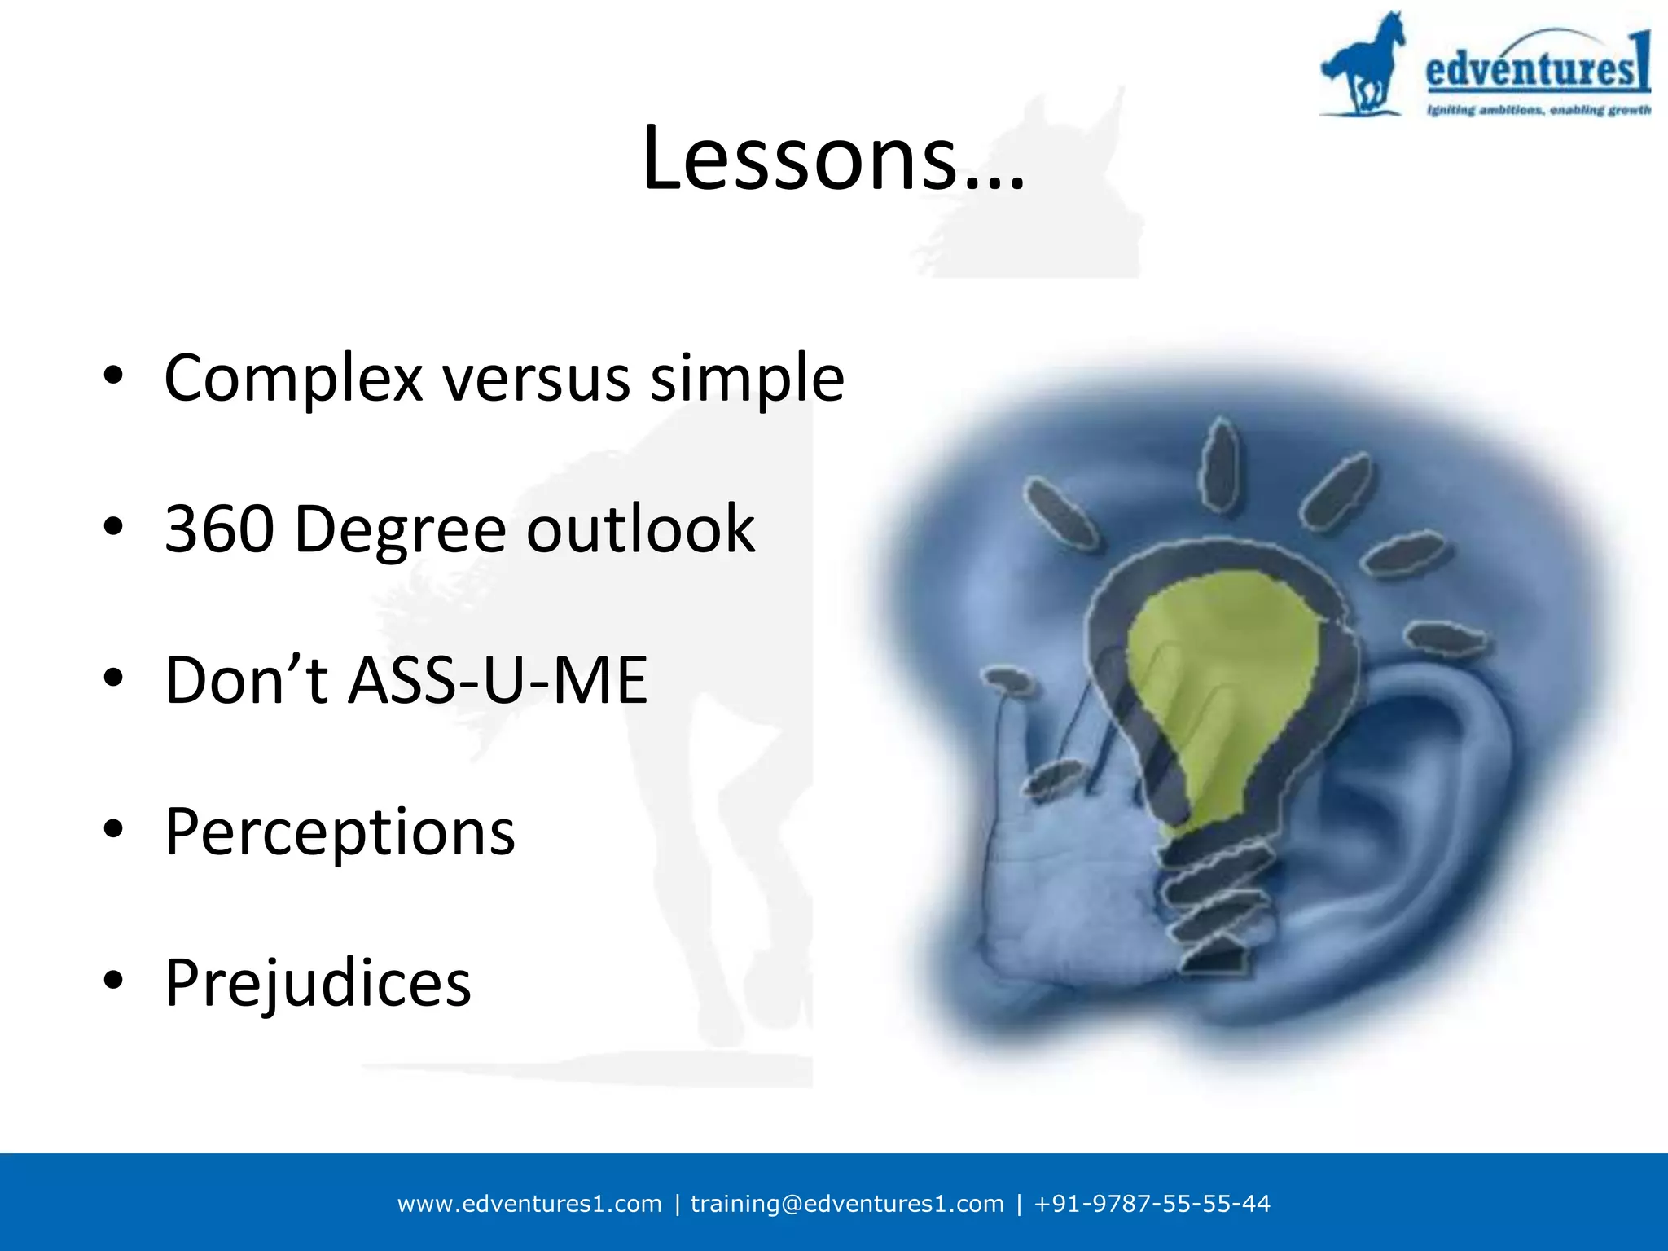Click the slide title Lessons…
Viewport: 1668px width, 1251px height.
pos(832,159)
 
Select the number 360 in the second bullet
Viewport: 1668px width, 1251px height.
pos(220,529)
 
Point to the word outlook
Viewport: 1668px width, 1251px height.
pos(640,529)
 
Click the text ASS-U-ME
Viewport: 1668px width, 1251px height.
pos(498,681)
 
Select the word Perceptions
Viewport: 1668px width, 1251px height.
pos(340,832)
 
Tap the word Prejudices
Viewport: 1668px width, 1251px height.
pos(318,983)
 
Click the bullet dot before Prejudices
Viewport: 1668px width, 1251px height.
pos(113,980)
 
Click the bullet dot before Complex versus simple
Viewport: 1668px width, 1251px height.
pos(113,375)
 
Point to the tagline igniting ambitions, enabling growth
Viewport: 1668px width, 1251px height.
pos(1538,110)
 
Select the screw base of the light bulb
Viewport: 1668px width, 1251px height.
pos(1214,904)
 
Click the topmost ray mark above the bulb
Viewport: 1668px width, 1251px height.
pos(1219,464)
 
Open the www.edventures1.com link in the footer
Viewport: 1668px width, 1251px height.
pos(529,1204)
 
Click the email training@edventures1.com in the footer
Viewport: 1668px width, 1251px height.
pos(847,1204)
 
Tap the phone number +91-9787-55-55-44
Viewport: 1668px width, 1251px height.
pos(1152,1204)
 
